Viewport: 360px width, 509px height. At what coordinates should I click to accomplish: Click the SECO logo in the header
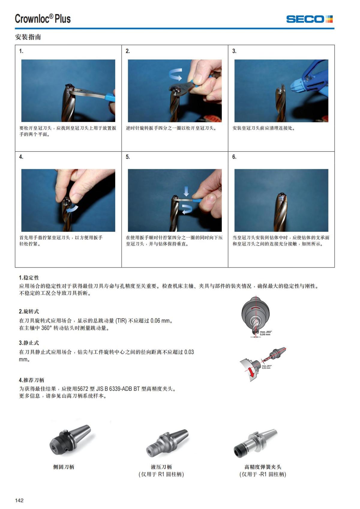tap(309, 19)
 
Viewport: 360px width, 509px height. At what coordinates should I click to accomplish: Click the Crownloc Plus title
tap(43, 19)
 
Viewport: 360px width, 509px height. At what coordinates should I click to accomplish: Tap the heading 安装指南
tap(28, 37)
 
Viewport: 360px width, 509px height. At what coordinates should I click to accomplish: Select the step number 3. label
tap(234, 51)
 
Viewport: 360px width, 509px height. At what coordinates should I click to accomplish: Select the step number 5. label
tap(128, 157)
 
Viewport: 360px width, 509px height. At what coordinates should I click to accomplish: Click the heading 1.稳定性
tap(29, 278)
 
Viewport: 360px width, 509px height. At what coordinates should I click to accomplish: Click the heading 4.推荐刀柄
tap(31, 380)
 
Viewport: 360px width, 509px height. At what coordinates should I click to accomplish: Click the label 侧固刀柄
tap(63, 467)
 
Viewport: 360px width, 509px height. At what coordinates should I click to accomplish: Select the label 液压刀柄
tap(161, 467)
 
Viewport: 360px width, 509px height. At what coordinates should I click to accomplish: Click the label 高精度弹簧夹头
tap(262, 467)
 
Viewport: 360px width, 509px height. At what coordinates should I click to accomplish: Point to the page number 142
tap(19, 500)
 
